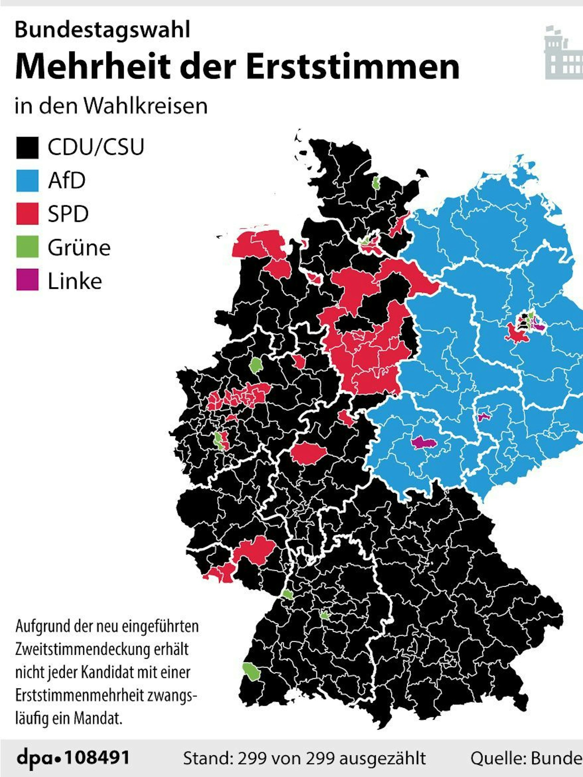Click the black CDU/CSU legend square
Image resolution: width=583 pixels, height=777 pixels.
[x=27, y=148]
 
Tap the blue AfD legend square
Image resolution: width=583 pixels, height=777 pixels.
[x=27, y=181]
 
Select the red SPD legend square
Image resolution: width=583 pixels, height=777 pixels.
[x=27, y=214]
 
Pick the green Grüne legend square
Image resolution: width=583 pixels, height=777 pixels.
[x=27, y=247]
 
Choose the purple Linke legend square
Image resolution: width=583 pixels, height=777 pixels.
[x=27, y=280]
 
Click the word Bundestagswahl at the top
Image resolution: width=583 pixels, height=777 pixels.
[x=102, y=30]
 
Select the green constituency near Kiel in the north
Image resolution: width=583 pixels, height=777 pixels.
[x=376, y=183]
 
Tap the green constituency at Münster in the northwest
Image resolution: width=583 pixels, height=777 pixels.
[x=255, y=365]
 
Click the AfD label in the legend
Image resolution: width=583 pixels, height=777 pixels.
[x=67, y=181]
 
